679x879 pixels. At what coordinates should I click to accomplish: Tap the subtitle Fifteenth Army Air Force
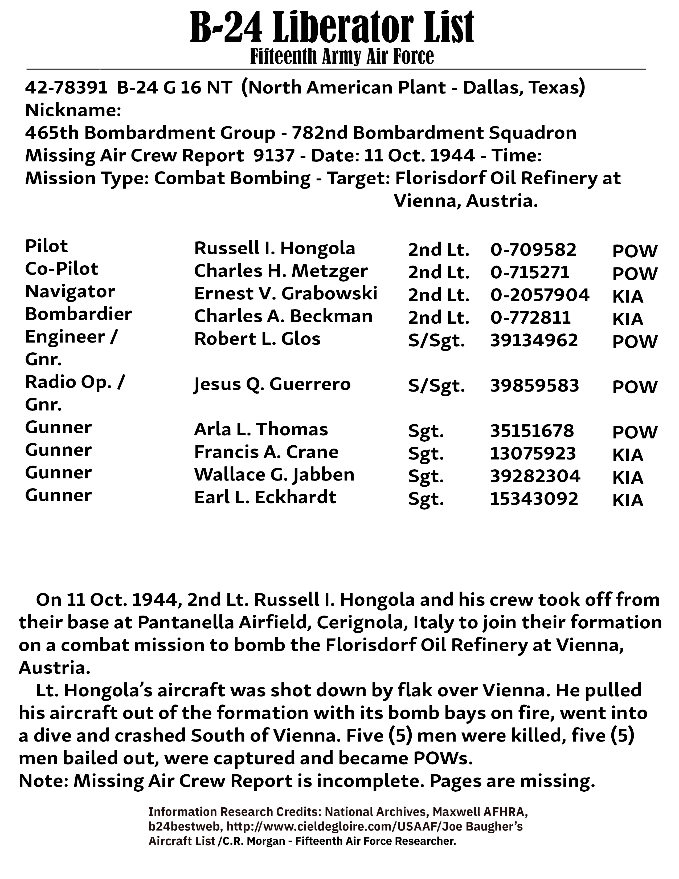pos(342,57)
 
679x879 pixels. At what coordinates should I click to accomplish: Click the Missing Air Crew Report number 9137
pos(274,155)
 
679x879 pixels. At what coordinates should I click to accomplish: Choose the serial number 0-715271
pos(530,272)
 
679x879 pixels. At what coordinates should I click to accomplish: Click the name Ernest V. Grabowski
pos(286,294)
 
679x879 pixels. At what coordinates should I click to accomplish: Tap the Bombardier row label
pos(79,314)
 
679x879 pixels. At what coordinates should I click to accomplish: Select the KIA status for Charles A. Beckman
pos(628,319)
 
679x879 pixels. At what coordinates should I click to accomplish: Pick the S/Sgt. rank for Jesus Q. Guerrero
pos(436,386)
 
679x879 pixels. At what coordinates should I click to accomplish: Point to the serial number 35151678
pos(532,431)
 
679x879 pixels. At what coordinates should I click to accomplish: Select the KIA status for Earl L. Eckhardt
pos(628,500)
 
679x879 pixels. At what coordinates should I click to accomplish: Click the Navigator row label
pos(70,291)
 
